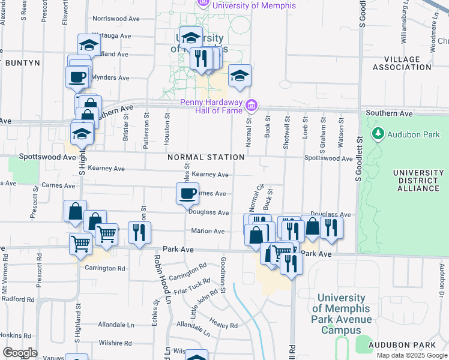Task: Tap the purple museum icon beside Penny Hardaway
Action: click(x=252, y=106)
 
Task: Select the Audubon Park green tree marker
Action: click(x=378, y=133)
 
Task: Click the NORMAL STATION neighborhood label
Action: click(x=206, y=157)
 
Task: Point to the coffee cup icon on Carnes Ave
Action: click(x=187, y=193)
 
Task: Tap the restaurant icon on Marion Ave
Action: click(x=139, y=233)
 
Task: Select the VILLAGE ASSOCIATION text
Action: click(x=402, y=63)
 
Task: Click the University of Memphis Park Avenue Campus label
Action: click(x=341, y=314)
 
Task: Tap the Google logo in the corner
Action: click(x=20, y=353)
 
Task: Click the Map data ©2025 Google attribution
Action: click(x=412, y=355)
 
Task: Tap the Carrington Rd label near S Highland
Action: click(x=105, y=268)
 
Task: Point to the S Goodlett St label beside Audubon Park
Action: click(x=360, y=158)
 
